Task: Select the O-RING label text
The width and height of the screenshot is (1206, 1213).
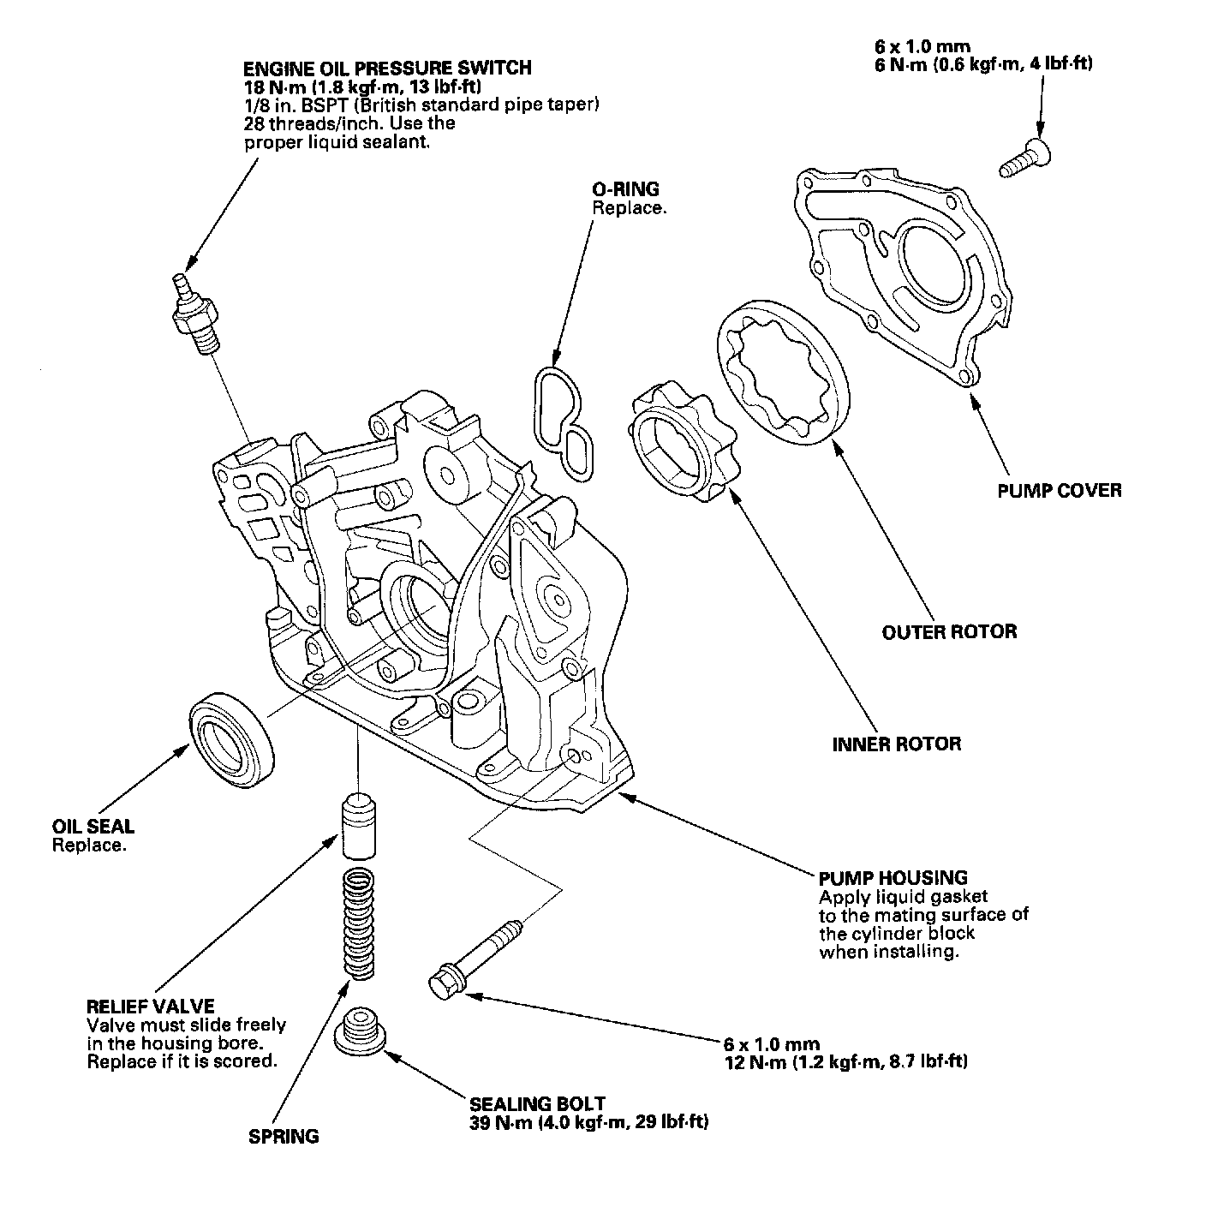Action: click(626, 189)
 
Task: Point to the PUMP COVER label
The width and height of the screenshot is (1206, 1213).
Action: click(1059, 491)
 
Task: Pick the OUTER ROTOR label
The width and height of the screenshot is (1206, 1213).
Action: click(949, 632)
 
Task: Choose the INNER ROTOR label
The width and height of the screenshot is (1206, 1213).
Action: click(896, 744)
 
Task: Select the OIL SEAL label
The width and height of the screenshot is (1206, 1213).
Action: click(93, 827)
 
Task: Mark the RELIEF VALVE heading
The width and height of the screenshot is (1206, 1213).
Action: click(151, 1006)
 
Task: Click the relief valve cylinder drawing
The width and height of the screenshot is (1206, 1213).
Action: click(358, 827)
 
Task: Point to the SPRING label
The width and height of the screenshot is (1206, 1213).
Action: click(284, 1137)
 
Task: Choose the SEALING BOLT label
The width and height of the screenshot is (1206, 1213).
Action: click(537, 1104)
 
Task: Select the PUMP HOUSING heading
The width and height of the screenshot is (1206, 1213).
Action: click(893, 878)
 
